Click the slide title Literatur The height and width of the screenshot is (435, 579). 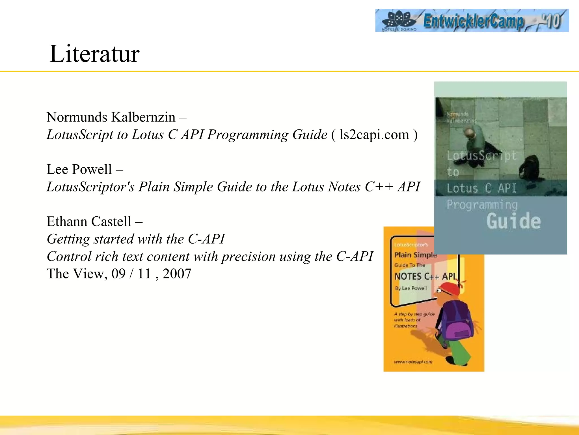point(94,54)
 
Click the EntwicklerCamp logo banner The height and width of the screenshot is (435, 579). point(472,20)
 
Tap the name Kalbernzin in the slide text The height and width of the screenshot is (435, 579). point(143,117)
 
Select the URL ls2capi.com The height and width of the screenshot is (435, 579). point(374,135)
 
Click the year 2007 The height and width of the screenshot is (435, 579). point(177,274)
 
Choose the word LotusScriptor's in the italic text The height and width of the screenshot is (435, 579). point(90,187)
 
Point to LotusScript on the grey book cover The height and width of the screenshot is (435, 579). point(481,155)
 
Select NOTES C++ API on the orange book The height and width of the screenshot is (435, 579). point(425,276)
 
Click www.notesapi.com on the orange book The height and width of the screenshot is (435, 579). point(413,362)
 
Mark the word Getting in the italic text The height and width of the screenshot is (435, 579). point(68,239)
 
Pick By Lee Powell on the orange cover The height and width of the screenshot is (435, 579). point(411,288)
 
